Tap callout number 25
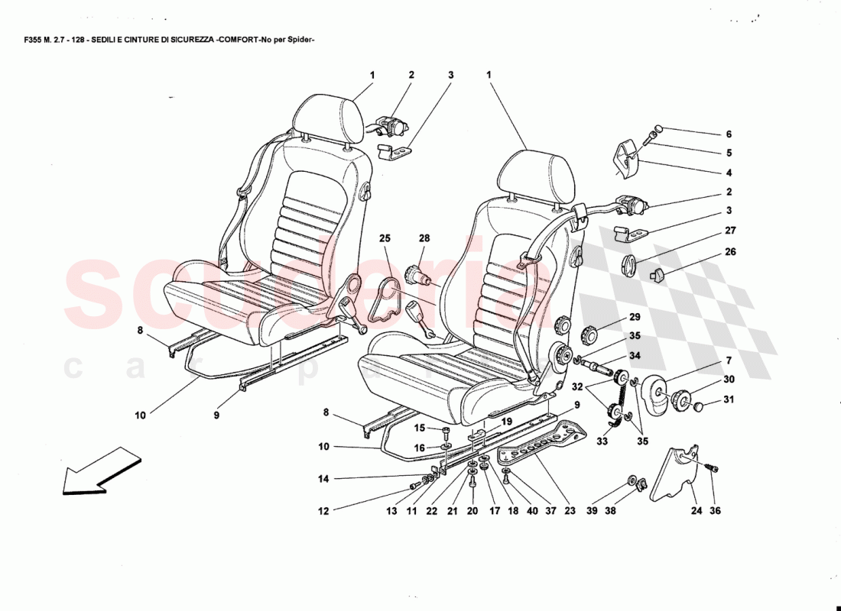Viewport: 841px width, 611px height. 385,239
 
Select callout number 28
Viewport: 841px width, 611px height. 424,239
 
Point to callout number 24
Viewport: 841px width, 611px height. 697,512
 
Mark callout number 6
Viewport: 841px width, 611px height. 729,134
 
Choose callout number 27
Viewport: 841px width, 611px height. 729,230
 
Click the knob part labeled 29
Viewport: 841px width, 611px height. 592,335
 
